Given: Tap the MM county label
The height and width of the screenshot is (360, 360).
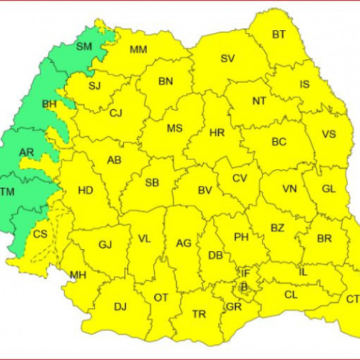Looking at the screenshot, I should (x=138, y=50).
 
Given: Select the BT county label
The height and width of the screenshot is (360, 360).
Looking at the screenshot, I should (x=278, y=35).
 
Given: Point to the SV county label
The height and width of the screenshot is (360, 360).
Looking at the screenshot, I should (x=228, y=58).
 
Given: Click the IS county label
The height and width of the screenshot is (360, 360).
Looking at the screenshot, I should (x=305, y=84).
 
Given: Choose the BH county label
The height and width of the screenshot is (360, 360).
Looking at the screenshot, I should (x=50, y=104).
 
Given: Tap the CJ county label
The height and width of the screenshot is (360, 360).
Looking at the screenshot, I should (x=116, y=113).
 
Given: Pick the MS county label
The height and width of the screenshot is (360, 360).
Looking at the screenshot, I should (x=174, y=128).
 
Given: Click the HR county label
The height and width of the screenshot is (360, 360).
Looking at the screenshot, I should (x=217, y=133).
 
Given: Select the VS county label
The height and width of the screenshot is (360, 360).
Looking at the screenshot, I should (x=329, y=135).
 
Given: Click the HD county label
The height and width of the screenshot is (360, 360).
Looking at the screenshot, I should (x=85, y=191).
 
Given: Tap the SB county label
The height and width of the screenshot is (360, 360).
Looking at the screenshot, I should (x=152, y=183).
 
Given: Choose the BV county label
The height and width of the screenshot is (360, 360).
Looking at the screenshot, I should (x=204, y=191).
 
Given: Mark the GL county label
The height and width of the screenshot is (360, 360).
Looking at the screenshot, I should (x=328, y=189).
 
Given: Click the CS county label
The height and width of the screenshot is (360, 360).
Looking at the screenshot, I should (x=40, y=234).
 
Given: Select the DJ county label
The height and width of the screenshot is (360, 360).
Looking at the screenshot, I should (x=120, y=307).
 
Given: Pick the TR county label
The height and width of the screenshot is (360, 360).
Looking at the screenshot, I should (x=199, y=314).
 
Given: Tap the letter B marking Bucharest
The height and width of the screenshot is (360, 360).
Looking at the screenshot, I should (x=243, y=286).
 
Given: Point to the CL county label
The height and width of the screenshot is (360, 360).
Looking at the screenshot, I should (x=291, y=294).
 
